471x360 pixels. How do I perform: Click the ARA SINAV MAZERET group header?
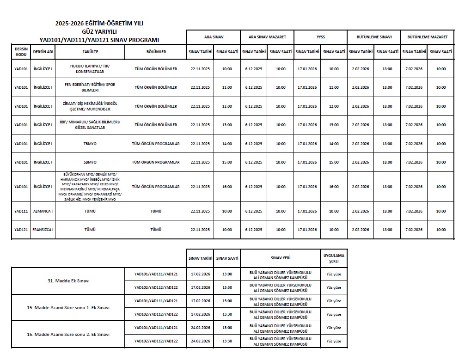coord(267,37)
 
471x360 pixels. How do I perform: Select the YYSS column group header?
coord(320,37)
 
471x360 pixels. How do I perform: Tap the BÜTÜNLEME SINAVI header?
coord(374,37)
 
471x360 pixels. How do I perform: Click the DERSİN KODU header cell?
coord(21,52)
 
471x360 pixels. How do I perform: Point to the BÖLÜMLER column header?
coord(156,52)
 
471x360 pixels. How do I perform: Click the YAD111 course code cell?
coord(21,211)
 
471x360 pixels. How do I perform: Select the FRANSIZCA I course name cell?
coord(43,230)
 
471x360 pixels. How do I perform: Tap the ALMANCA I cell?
coord(43,211)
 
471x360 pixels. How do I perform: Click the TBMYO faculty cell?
coord(90,144)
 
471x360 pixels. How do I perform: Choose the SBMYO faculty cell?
coord(90,162)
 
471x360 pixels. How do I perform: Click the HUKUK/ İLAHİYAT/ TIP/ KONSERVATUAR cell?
coord(90,69)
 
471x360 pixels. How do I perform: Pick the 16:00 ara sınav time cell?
coord(227,187)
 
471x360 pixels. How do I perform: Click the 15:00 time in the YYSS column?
coord(334,162)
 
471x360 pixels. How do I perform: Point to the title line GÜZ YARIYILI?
coord(100,31)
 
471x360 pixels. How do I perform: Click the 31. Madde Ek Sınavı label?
coord(68,281)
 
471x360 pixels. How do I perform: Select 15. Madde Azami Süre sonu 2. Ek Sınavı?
coord(68,334)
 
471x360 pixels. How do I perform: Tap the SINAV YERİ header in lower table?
coord(281,258)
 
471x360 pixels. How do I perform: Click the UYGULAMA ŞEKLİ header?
coord(334,258)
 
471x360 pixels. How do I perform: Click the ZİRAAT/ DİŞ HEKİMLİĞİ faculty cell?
coord(90,106)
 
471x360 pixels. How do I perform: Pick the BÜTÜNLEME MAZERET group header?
coord(428,37)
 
